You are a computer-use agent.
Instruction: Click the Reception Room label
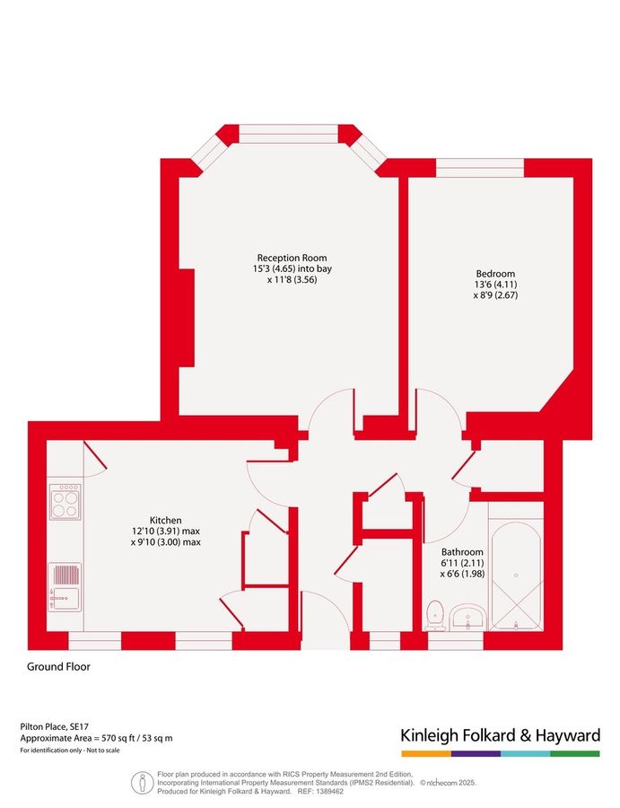292,258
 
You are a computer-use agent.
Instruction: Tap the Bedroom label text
495,274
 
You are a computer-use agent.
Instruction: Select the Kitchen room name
165,521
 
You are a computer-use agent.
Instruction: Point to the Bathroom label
462,552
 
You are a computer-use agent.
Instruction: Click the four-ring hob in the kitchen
65,501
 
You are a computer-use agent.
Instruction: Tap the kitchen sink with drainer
65,587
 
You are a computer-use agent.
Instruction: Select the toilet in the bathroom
436,616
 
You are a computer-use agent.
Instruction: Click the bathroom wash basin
467,618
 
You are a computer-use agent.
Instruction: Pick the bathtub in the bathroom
516,576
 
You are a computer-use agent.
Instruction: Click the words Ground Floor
58,667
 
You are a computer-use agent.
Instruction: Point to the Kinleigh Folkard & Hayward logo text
501,735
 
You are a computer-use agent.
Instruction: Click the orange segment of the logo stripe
426,754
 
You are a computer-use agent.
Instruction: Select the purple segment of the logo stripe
476,754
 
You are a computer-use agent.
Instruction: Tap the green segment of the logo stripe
575,754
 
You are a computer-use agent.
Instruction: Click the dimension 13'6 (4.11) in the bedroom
495,285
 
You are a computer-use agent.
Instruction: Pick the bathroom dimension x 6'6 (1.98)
462,574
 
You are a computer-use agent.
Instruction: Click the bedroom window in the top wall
480,168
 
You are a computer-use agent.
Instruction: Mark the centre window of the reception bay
288,134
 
